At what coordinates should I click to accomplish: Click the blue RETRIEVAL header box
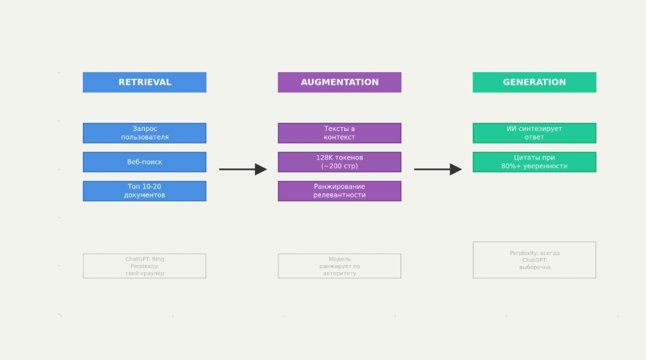145,82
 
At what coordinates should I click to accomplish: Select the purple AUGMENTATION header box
340,82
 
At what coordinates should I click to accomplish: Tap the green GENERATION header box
535,82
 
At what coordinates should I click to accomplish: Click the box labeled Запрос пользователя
145,133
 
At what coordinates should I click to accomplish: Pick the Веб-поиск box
145,162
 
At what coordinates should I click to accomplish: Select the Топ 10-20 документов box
145,191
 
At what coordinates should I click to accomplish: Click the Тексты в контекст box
340,133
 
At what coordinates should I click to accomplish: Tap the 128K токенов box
340,162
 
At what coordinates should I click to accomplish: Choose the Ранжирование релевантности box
340,191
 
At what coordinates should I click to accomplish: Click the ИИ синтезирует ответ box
535,133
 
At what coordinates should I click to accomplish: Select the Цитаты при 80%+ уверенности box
535,162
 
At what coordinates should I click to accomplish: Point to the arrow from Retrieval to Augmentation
243,170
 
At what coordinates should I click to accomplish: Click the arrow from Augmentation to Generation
438,170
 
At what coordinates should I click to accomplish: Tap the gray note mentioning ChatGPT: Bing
145,266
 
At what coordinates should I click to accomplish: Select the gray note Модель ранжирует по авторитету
340,266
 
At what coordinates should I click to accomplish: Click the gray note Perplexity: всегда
535,260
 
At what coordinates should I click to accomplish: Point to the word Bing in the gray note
158,259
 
